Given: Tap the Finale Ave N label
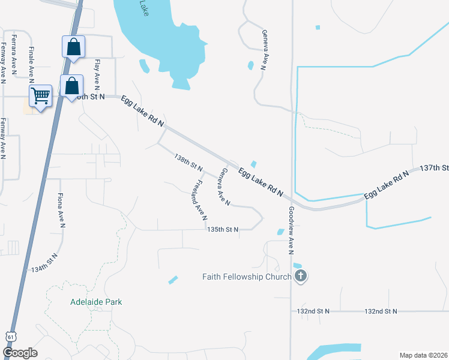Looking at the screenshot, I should [31, 62].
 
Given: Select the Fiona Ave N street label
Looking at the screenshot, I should [61, 210].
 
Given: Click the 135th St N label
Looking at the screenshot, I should [223, 229].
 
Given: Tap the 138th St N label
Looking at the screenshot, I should [188, 161].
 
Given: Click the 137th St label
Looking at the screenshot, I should [434, 167].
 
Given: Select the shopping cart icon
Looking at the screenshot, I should [40, 95].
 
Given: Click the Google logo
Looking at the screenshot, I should [20, 353].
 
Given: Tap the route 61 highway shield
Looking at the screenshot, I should [10, 337].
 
